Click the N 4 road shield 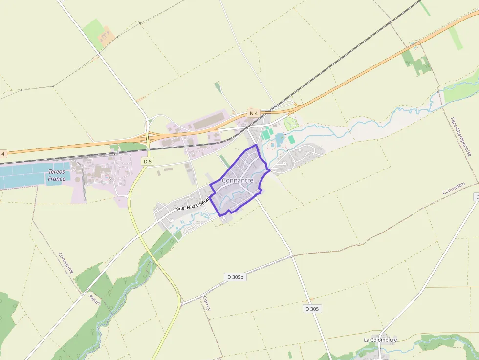click(x=253, y=113)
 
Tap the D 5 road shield click(x=148, y=161)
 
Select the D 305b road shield click(x=235, y=277)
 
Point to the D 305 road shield click(x=312, y=309)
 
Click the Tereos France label click(x=57, y=175)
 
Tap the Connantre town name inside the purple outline click(x=238, y=180)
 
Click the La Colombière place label click(x=380, y=340)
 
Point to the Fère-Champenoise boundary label click(x=461, y=136)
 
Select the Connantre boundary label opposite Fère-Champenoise click(x=454, y=189)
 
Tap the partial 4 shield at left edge click(x=2, y=154)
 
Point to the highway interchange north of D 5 click(x=148, y=137)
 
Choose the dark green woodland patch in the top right click(x=416, y=62)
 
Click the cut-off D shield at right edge click(x=477, y=196)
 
